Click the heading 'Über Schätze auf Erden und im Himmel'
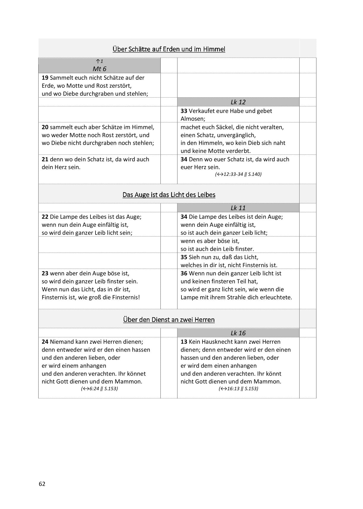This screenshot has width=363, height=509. [169, 49]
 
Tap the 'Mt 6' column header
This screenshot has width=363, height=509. [99, 69]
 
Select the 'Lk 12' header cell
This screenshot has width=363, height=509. [238, 102]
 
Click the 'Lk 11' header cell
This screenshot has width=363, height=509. [238, 208]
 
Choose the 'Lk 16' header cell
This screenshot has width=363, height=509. [238, 333]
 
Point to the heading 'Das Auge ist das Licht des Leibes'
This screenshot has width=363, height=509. [169, 195]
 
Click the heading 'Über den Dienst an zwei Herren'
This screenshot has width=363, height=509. [169, 320]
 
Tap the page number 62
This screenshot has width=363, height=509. [42, 484]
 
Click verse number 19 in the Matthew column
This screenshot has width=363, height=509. [45, 78]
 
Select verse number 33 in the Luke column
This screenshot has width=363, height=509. [184, 111]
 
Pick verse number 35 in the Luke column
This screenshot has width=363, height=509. [184, 257]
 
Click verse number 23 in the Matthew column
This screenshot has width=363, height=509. [45, 273]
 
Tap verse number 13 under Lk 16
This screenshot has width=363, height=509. [184, 342]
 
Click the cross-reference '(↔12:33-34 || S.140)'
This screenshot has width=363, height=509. [238, 174]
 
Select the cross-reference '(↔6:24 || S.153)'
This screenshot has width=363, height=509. [99, 388]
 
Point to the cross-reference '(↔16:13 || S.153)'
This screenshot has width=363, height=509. [238, 388]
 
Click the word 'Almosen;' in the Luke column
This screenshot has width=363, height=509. [193, 119]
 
